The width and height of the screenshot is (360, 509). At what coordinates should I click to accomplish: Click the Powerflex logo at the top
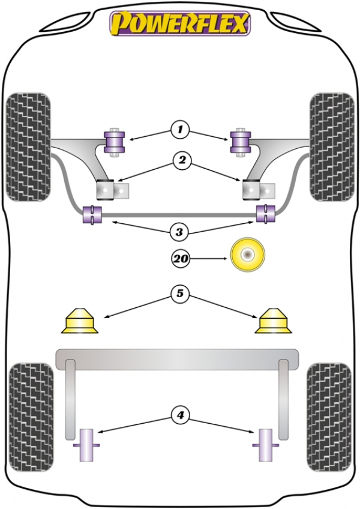pos(180,23)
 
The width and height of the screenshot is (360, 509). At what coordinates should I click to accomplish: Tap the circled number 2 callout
pos(182,160)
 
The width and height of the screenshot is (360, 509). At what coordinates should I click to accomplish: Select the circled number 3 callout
pos(179,232)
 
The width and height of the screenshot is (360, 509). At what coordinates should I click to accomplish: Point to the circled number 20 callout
pos(181,259)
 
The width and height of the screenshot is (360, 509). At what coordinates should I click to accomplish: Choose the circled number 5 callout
pos(180,294)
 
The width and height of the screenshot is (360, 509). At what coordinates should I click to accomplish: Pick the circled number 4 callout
pos(180,415)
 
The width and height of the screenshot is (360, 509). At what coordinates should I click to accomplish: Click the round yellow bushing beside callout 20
pos(248,254)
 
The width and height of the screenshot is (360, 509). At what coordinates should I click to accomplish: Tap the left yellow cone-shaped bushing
pos(80,321)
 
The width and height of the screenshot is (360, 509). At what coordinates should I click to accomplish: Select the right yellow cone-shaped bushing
pos(274,321)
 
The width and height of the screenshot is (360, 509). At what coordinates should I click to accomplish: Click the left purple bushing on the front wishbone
pos(114,142)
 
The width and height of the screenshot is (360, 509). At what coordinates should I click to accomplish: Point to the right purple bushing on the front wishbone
pos(241,142)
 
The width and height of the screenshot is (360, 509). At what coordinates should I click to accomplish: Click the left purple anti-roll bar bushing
pos(92,214)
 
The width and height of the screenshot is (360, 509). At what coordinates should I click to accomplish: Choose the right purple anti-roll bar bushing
pos(266,213)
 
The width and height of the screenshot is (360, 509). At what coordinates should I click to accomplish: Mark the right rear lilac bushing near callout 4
pos(266,445)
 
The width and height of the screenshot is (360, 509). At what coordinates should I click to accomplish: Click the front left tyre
pos(29,147)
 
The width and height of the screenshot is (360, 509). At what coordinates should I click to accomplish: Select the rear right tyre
pos(329,417)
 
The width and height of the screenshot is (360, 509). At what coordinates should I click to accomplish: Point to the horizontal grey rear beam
pos(177,359)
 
